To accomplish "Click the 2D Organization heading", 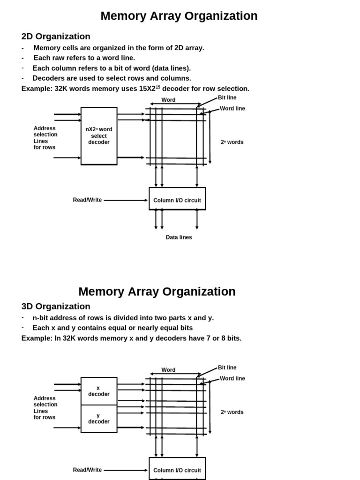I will point(56,37).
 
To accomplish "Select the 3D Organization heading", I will point(56,307).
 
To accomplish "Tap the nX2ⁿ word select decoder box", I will point(99,136).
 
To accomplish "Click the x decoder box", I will point(99,391).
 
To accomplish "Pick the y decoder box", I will point(99,419).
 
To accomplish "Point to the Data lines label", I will point(179,238).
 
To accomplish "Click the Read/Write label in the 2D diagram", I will point(87,200).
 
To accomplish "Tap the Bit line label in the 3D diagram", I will point(227,368).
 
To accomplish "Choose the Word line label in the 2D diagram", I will point(232,109).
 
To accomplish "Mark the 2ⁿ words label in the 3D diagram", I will point(232,412).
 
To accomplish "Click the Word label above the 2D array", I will point(168,100).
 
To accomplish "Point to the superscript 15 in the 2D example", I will point(158,87).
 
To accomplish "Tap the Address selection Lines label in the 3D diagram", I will point(45,408).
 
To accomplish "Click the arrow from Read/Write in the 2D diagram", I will point(125,200).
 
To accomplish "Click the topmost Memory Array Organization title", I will point(179,16).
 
